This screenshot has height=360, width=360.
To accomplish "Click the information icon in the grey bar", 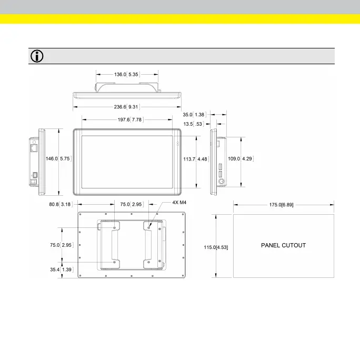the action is coord(37,56).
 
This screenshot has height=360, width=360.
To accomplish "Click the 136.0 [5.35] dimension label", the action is coord(126,75).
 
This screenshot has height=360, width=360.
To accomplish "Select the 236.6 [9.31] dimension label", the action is coord(126,107).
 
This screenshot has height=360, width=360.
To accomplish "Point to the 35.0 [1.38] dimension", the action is coord(193,114).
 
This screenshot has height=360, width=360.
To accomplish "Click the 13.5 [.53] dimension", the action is coord(193,124).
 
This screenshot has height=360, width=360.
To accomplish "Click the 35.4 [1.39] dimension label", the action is coord(61,269).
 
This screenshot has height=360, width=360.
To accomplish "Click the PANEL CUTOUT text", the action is coord(283,245).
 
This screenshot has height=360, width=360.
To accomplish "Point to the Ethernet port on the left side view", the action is coord(34,149).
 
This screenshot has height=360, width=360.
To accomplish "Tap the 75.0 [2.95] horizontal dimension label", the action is coord(129,204).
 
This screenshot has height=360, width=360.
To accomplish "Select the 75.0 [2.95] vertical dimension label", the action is coord(61,245).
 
